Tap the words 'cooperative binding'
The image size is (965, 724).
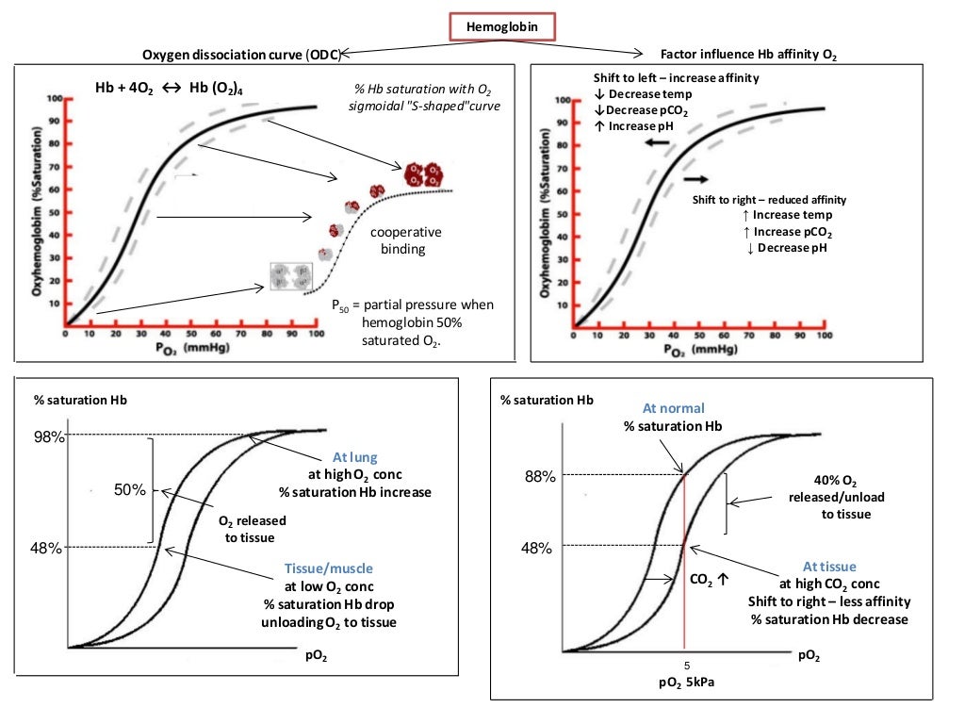[405, 240]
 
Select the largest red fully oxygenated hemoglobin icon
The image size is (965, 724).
[423, 174]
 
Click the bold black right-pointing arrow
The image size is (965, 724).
[697, 178]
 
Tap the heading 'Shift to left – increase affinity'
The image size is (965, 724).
[676, 77]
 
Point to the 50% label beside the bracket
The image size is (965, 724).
[131, 490]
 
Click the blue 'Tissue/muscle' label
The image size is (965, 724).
[328, 568]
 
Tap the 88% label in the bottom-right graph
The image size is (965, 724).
[539, 476]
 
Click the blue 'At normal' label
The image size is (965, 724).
[673, 409]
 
